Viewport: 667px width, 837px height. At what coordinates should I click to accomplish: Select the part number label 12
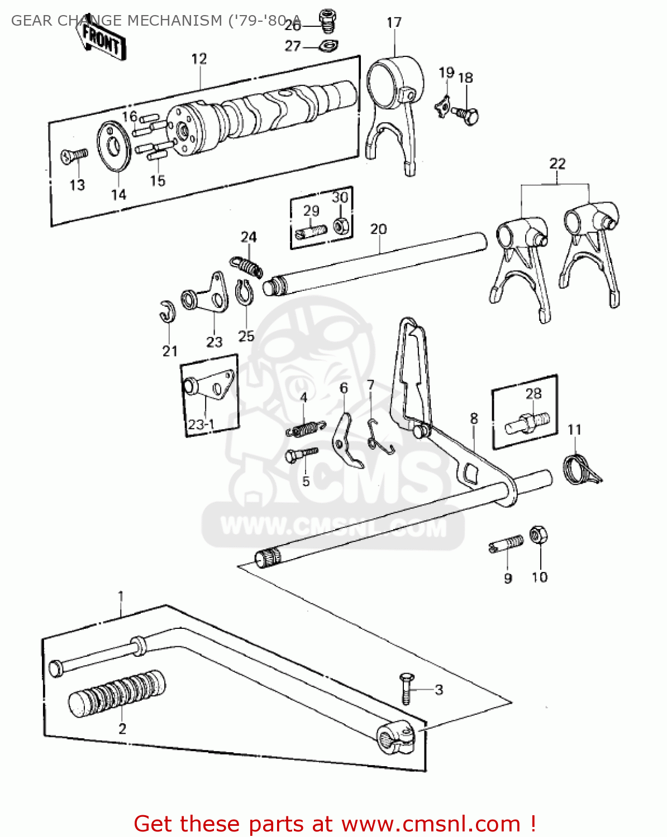199,59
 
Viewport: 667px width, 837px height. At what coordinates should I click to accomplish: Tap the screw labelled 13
74,156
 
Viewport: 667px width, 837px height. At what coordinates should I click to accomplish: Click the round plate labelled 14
115,146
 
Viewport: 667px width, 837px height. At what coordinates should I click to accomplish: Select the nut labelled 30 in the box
341,225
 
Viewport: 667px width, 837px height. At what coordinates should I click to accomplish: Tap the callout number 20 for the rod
378,229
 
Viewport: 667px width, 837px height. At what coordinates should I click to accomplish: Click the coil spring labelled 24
246,266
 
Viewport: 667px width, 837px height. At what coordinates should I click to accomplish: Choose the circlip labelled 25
244,294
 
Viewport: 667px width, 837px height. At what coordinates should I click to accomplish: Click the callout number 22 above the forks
557,163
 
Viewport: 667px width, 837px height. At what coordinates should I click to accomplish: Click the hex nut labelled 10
538,535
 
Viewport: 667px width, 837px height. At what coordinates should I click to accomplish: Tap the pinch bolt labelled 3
407,689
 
